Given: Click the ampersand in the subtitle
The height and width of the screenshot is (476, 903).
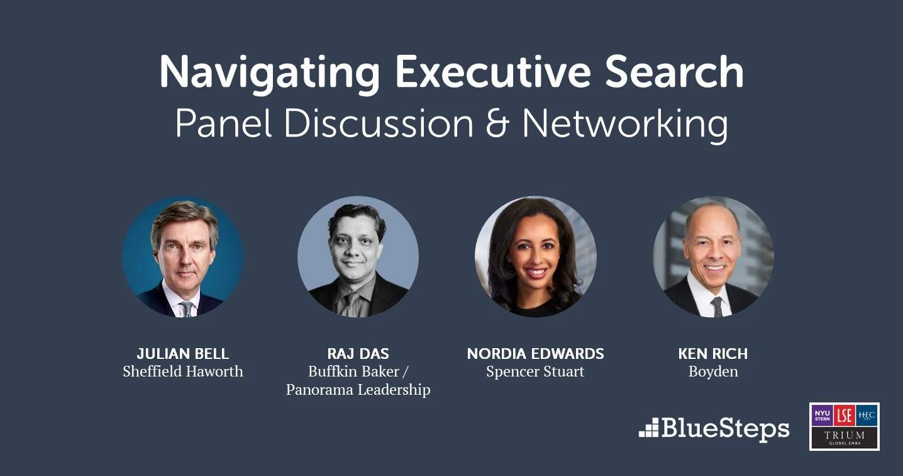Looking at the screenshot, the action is [497, 123].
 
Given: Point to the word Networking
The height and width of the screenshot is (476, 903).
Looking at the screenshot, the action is [625, 125].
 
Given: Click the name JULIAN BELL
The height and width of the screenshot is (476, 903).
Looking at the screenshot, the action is [182, 354].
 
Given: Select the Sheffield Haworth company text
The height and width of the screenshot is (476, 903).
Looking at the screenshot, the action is [182, 371].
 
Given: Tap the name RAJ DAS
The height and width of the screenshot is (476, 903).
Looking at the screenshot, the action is [358, 354].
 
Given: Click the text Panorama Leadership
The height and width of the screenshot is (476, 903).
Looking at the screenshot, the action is [358, 390].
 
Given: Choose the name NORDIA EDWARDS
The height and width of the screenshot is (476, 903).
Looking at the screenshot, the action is [535, 354].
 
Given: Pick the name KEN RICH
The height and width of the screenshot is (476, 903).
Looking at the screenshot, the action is [712, 354].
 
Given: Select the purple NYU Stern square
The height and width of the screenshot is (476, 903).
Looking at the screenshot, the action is [822, 416].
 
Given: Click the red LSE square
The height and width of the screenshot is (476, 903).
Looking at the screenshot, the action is [844, 416].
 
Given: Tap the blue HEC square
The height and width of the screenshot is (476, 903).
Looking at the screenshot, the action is [867, 416].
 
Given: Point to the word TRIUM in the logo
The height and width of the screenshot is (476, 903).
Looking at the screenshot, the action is [844, 435].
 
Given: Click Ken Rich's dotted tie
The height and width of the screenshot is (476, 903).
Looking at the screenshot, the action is [717, 307].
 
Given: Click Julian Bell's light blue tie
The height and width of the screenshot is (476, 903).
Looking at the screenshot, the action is [187, 309].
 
